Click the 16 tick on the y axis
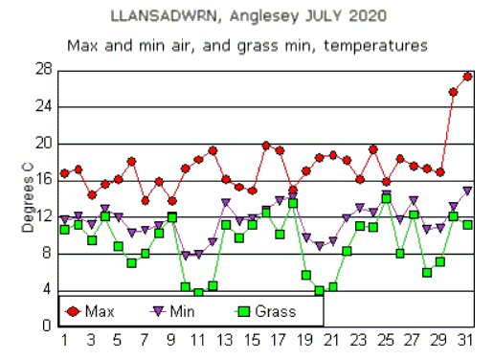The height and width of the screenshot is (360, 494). pyautogui.click(x=43, y=180)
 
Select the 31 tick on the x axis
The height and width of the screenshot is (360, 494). pyautogui.click(x=466, y=340)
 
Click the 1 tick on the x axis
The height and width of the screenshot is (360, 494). pyautogui.click(x=64, y=340)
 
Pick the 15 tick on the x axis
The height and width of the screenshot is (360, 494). pyautogui.click(x=252, y=340)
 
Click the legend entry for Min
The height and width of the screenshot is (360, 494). pyautogui.click(x=173, y=310)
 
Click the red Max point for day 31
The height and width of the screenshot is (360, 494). pyautogui.click(x=467, y=76)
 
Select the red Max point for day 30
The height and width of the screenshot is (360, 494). pyautogui.click(x=454, y=92)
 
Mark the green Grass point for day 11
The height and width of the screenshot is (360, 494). pyautogui.click(x=198, y=292)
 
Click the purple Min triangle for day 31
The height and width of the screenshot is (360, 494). pyautogui.click(x=467, y=191)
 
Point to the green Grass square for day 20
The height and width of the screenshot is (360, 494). pyautogui.click(x=319, y=290)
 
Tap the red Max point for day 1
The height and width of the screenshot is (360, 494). pyautogui.click(x=64, y=173)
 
